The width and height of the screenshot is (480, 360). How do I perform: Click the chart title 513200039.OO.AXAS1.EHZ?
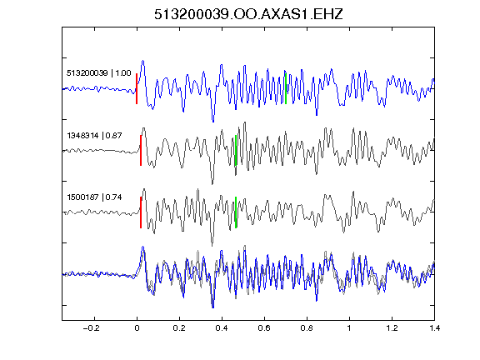point(248,14)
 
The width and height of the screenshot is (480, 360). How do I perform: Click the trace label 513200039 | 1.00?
point(99,73)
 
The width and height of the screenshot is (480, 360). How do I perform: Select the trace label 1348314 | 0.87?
point(94,135)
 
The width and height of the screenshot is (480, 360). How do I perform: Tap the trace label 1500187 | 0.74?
point(94,197)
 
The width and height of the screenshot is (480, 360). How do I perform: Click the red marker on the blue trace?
point(137,89)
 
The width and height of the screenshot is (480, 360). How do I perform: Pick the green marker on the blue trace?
point(286,89)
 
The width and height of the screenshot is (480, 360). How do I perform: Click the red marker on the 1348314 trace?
point(141,151)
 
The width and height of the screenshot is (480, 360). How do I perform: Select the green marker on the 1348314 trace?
point(236,151)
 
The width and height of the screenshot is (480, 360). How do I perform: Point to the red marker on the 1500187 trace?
point(141,212)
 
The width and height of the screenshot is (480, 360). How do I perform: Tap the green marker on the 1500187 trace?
point(236,212)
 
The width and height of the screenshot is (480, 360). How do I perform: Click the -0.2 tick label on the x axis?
point(92,328)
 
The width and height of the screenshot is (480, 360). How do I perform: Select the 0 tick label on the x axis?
point(137,328)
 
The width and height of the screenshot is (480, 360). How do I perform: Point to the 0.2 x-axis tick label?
point(179,328)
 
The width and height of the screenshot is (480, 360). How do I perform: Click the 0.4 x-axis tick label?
point(222,328)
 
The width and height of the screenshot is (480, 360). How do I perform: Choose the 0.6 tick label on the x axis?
point(264,328)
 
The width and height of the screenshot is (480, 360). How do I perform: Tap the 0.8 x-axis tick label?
point(307,328)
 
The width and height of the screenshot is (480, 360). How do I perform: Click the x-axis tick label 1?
point(349,328)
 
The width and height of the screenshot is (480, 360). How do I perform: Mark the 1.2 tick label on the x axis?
point(392,328)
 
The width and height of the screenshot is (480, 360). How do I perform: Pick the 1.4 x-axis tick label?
point(434,328)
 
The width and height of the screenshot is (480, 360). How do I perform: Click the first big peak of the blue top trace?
point(142,61)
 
